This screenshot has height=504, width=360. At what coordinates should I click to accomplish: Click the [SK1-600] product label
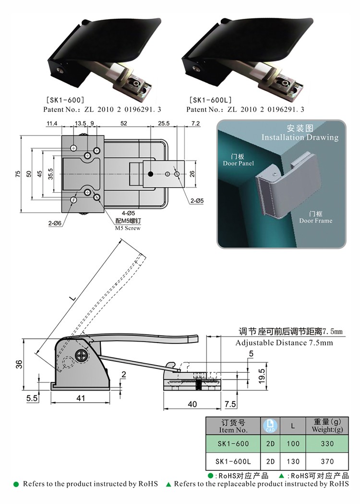(x=65, y=100)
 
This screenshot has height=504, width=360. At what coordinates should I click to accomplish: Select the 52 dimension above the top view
(x=124, y=124)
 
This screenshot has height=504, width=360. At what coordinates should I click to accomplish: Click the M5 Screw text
(x=128, y=228)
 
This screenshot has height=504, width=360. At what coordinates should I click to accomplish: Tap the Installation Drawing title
(x=300, y=137)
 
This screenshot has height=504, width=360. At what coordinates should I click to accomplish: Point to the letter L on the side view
(x=72, y=299)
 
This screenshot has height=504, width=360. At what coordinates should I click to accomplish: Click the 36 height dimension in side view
(x=18, y=364)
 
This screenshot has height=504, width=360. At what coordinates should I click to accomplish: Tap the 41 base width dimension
(x=81, y=398)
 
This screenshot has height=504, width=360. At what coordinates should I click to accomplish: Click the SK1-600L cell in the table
(x=233, y=461)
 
